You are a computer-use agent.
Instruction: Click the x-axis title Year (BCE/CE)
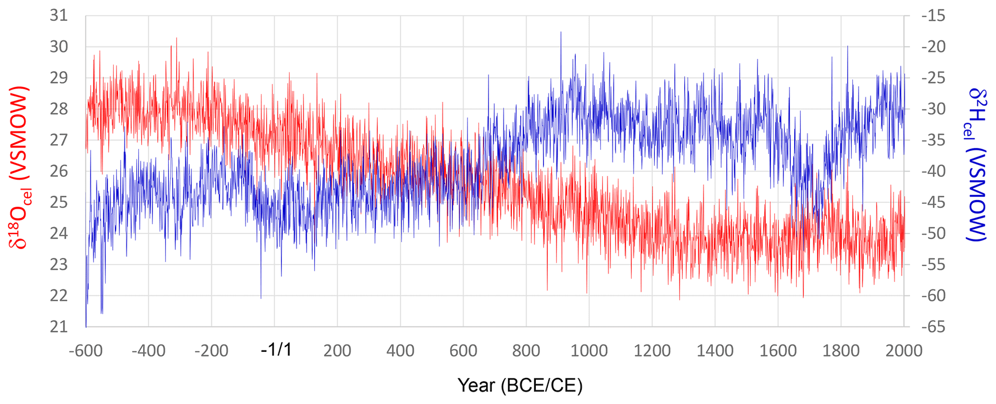[x=519, y=386]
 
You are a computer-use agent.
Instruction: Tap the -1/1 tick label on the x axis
[x=276, y=350]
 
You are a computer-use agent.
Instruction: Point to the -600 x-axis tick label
[x=86, y=350]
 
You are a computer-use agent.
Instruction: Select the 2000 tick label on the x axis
[x=904, y=350]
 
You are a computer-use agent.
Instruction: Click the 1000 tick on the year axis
[x=589, y=350]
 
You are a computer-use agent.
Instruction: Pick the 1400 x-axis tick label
[x=715, y=350]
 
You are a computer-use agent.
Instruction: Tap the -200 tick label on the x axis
[x=211, y=350]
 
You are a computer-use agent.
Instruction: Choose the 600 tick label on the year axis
[x=463, y=350]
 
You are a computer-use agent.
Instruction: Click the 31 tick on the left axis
[x=59, y=16]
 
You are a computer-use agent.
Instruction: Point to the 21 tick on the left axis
[x=59, y=327]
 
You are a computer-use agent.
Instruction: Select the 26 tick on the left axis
[x=59, y=171]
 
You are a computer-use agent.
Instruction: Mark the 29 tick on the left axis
[x=59, y=78]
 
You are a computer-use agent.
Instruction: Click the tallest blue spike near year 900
[x=561, y=32]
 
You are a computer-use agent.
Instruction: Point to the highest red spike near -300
[x=176, y=38]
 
